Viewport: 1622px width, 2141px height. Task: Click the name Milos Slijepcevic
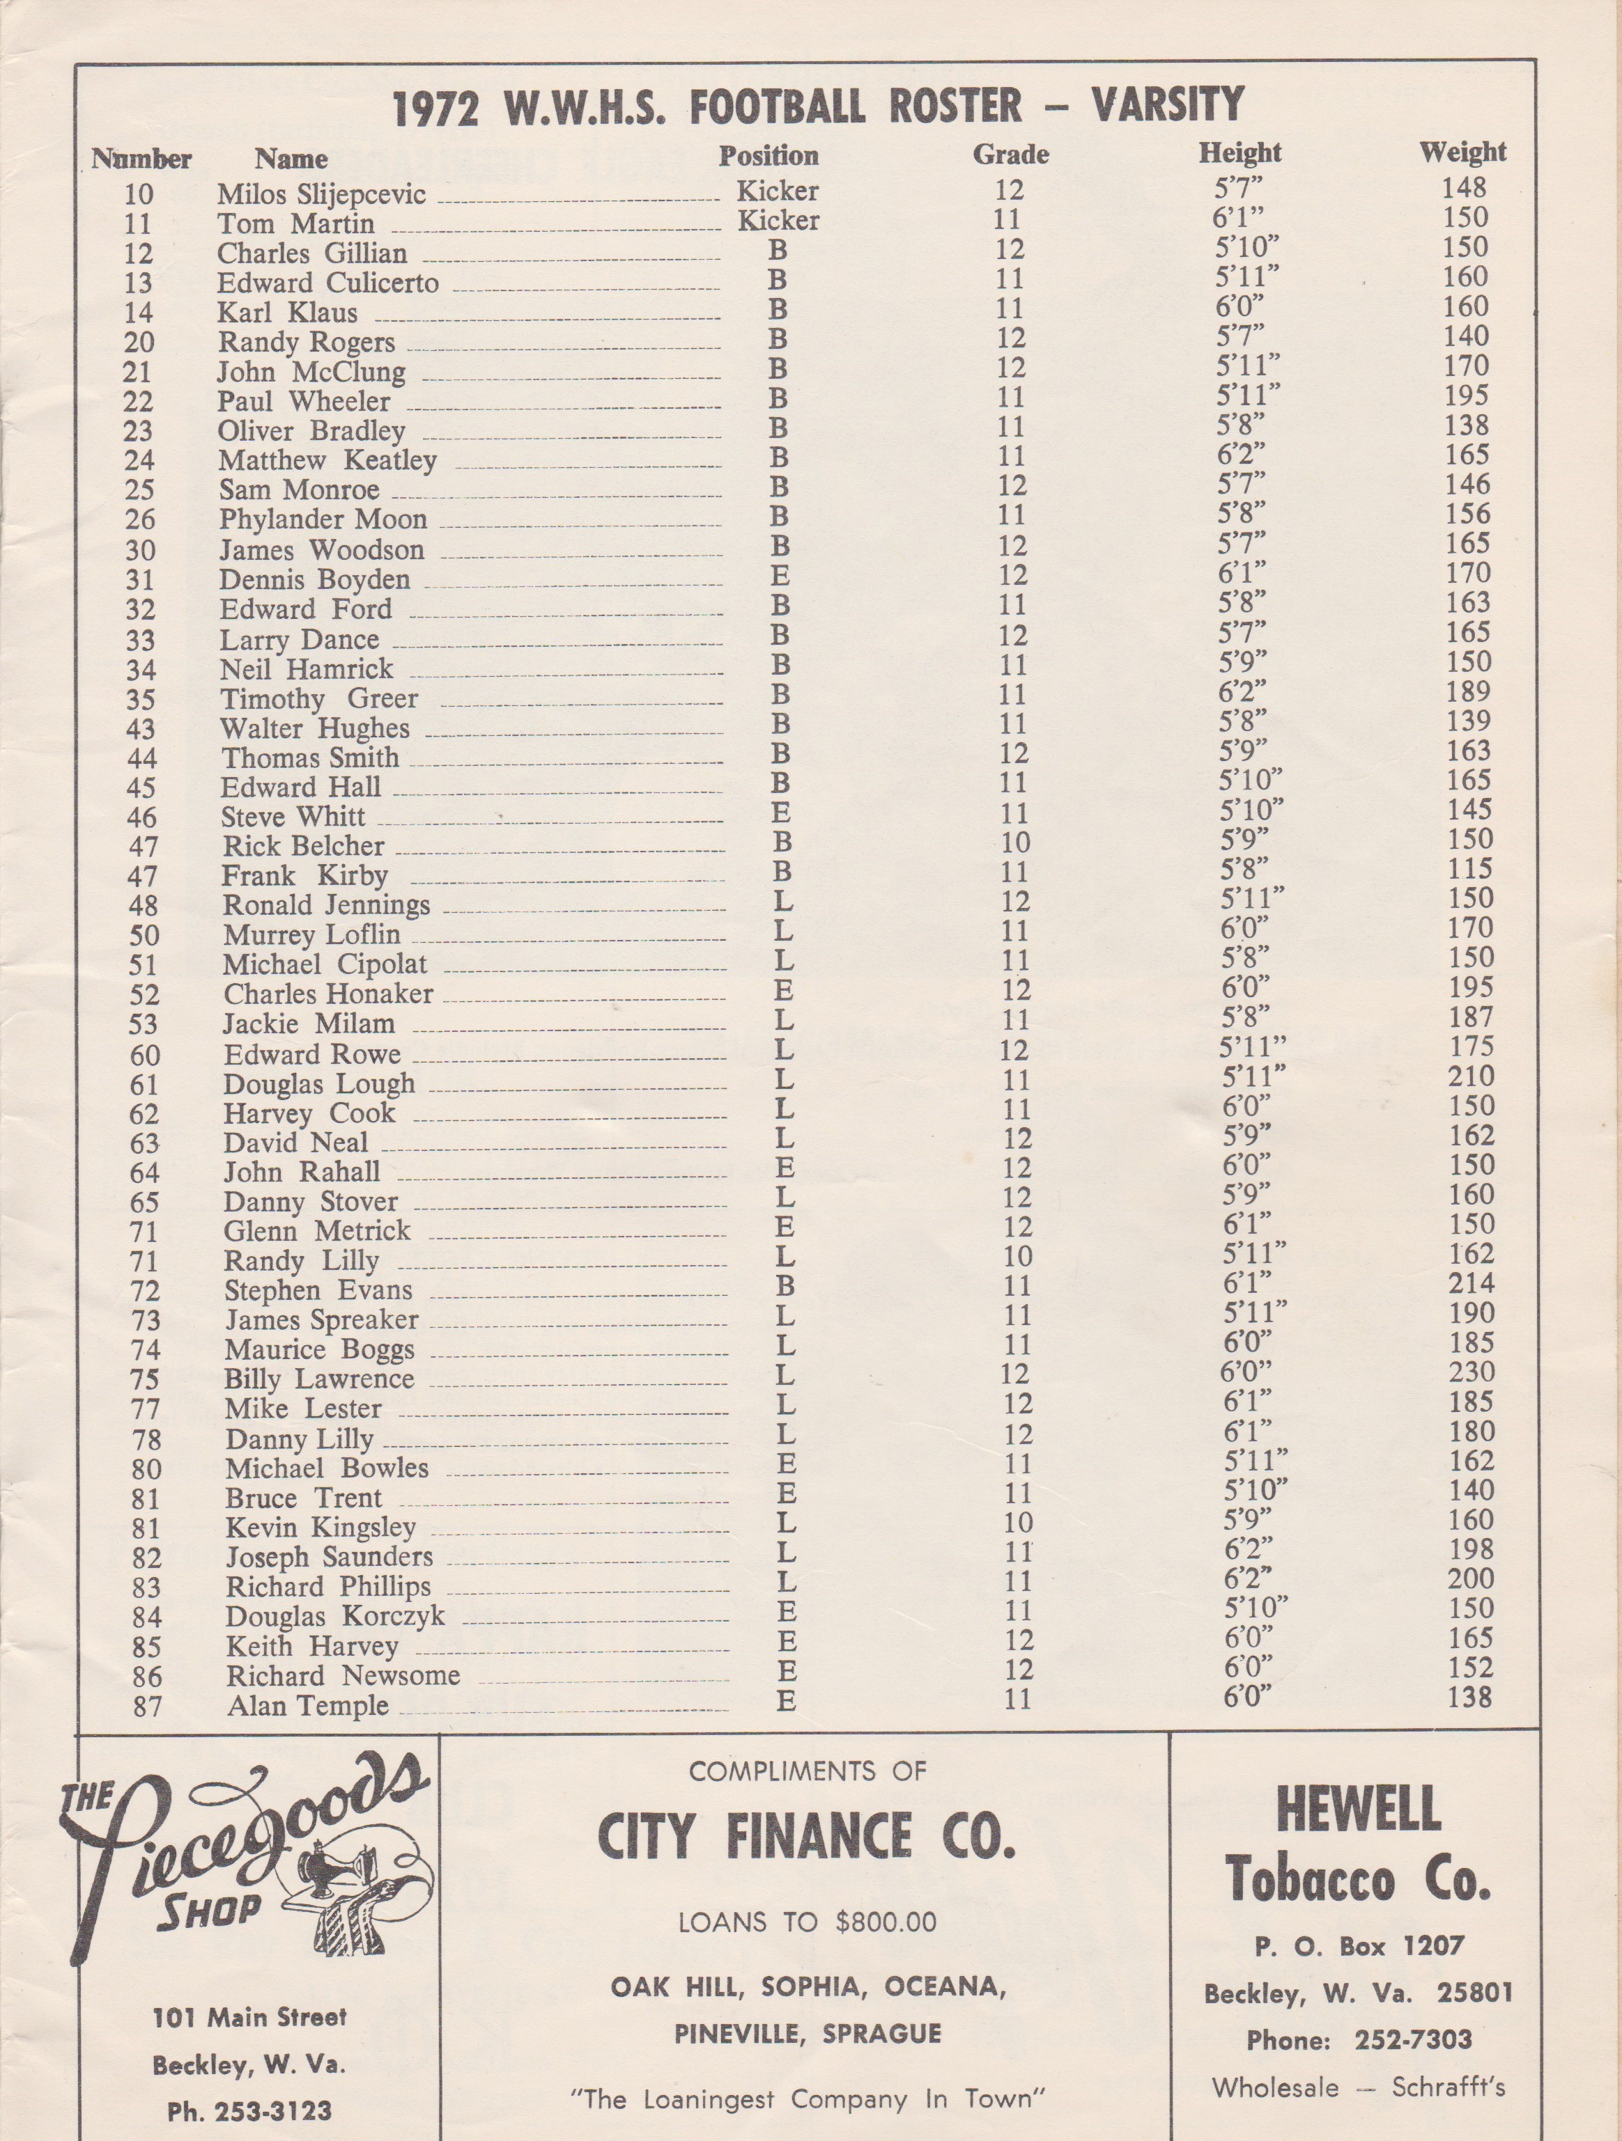coord(320,194)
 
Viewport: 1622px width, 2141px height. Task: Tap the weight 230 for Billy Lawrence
coord(1470,1372)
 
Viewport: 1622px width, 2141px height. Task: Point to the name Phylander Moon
coord(323,520)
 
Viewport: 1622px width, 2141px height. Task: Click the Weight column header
coord(1462,153)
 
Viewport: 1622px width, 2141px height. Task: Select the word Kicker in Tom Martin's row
coord(778,221)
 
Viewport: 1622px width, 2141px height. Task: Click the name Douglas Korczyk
coord(335,1617)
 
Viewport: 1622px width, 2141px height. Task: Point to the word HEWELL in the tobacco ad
coord(1359,1807)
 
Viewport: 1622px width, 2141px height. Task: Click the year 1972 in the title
coord(435,109)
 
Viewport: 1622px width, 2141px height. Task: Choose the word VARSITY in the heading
coord(1169,104)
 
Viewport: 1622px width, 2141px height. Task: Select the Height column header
coord(1239,153)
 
